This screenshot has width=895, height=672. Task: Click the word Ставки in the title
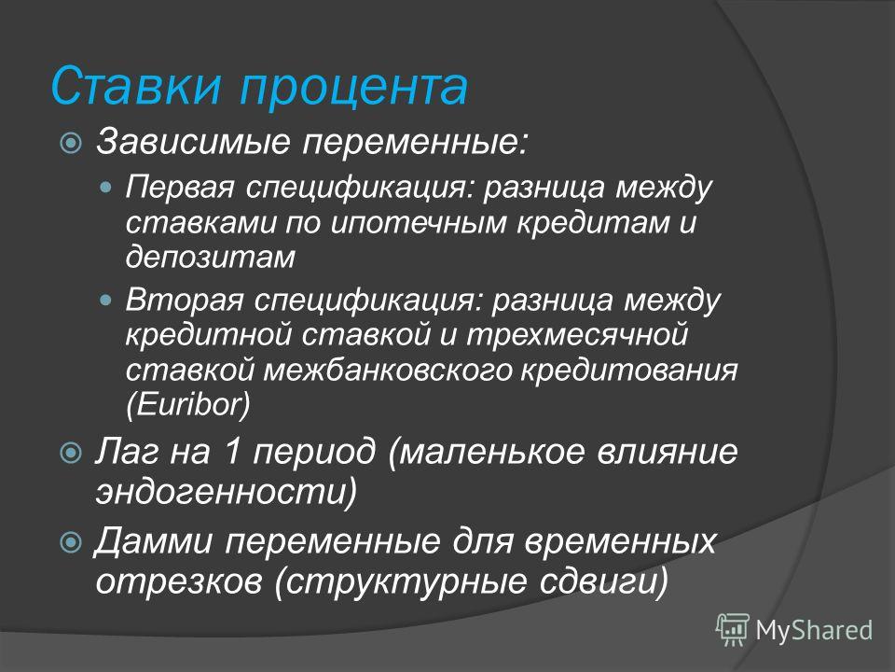pyautogui.click(x=135, y=85)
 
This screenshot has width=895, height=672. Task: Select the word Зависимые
pyautogui.click(x=193, y=141)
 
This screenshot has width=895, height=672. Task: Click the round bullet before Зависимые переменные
pyautogui.click(x=72, y=142)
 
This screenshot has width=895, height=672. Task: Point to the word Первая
pyautogui.click(x=180, y=187)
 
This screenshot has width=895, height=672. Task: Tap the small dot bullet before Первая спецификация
pyautogui.click(x=105, y=187)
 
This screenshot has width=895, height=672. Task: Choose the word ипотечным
pyautogui.click(x=419, y=222)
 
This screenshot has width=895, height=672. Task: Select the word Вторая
pyautogui.click(x=185, y=300)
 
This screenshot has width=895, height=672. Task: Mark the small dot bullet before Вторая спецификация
pyautogui.click(x=105, y=300)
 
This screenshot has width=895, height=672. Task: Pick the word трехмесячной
pyautogui.click(x=577, y=335)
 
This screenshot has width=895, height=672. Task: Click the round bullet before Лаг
pyautogui.click(x=72, y=453)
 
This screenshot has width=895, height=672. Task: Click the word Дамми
pyautogui.click(x=154, y=540)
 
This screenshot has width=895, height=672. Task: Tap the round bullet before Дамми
pyautogui.click(x=72, y=541)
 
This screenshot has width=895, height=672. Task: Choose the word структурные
pyautogui.click(x=406, y=581)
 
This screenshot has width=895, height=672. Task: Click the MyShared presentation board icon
pyautogui.click(x=733, y=629)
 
